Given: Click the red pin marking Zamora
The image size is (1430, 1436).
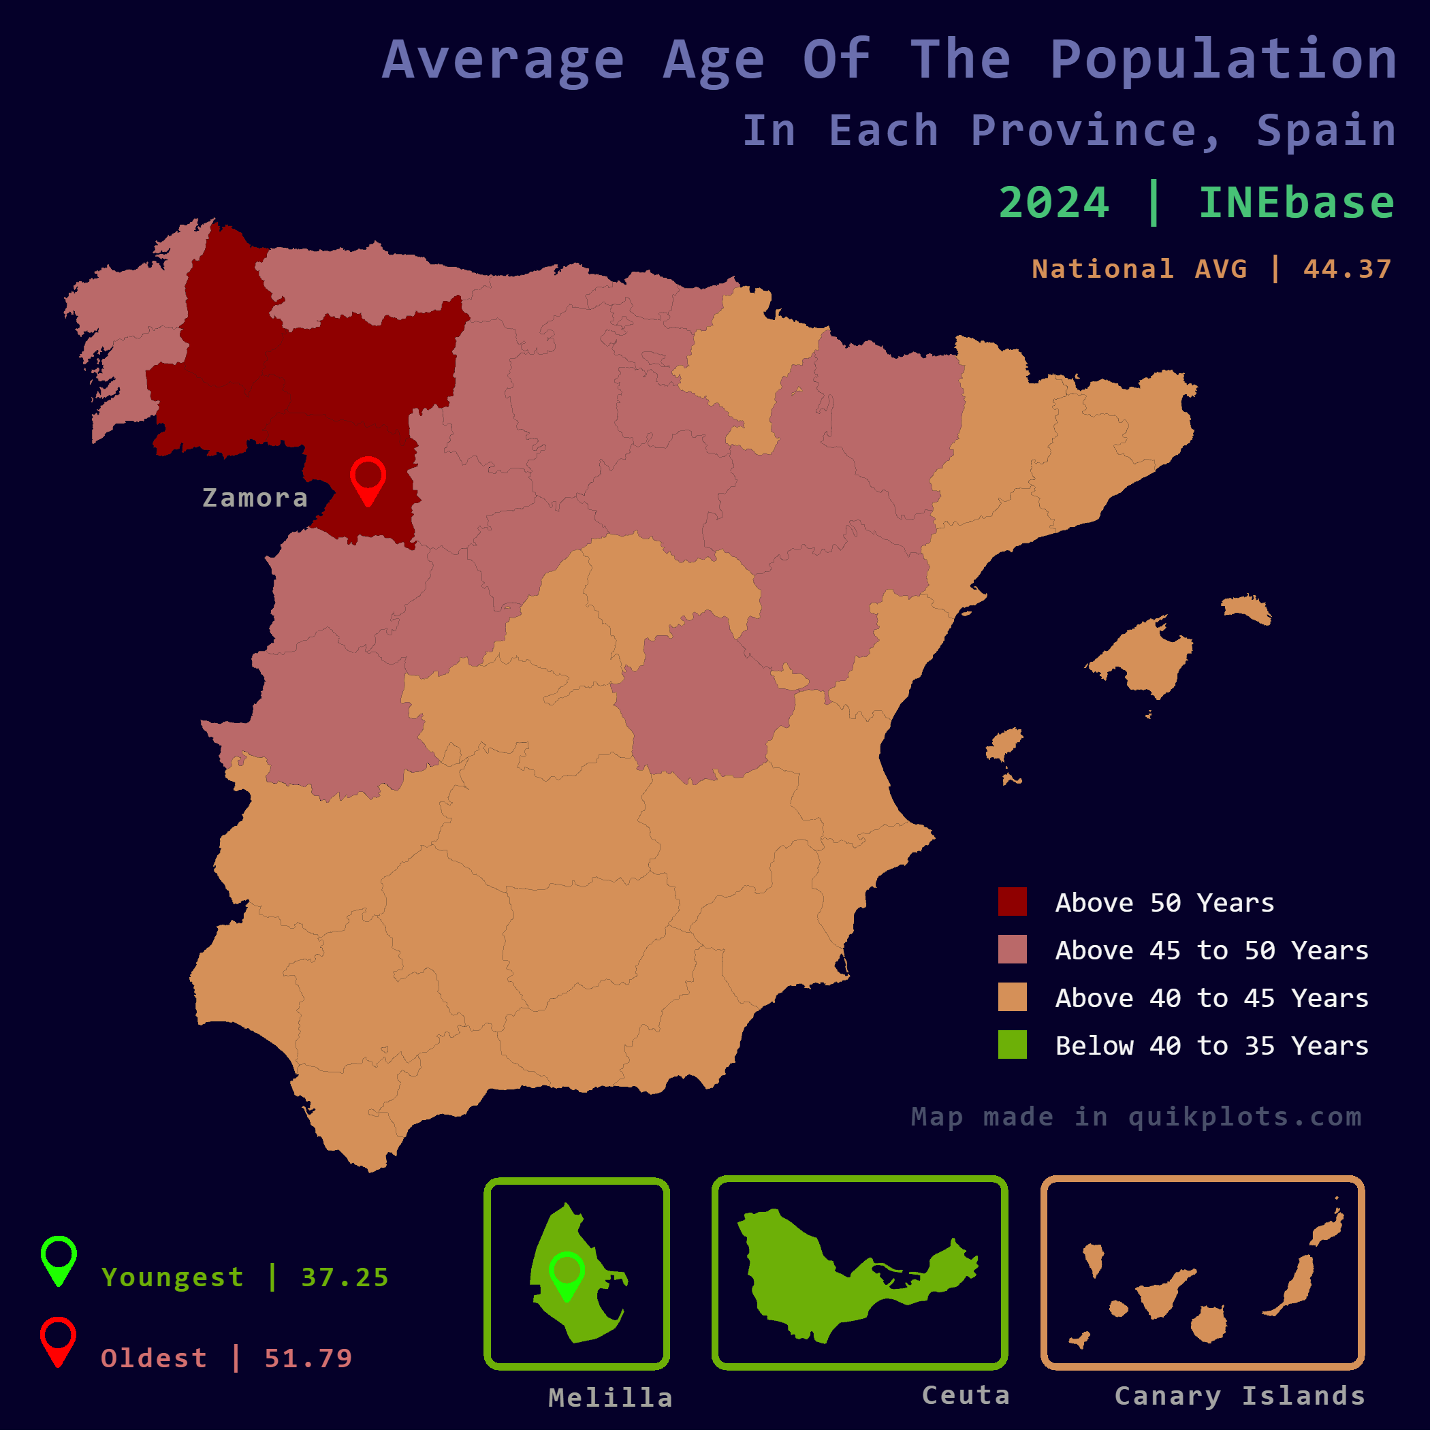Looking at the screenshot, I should pyautogui.click(x=368, y=478).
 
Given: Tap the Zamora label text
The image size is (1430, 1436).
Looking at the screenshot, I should pyautogui.click(x=255, y=498).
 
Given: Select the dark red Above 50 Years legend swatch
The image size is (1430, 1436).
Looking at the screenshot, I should pyautogui.click(x=1013, y=902).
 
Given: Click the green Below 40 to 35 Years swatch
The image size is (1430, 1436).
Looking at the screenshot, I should pyautogui.click(x=1013, y=1044).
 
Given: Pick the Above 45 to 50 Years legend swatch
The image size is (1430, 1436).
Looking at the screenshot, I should pyautogui.click(x=1013, y=949).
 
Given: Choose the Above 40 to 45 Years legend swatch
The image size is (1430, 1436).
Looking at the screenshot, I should pyautogui.click(x=1013, y=997).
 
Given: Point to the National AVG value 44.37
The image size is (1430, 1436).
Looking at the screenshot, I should pyautogui.click(x=1347, y=269).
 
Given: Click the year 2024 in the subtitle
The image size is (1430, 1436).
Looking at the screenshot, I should pyautogui.click(x=1054, y=203).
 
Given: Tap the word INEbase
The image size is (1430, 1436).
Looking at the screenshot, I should pyautogui.click(x=1297, y=203).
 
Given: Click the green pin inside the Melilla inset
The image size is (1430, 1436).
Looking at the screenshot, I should pyautogui.click(x=567, y=1273).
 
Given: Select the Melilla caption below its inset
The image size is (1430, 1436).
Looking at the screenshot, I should pyautogui.click(x=610, y=1398).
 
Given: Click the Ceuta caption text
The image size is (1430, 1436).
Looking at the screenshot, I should pyautogui.click(x=966, y=1395).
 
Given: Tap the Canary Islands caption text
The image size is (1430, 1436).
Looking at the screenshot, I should pyautogui.click(x=1240, y=1396).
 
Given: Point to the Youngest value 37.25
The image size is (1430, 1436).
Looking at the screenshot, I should pyautogui.click(x=345, y=1277).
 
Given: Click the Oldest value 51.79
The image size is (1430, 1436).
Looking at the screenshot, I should pyautogui.click(x=308, y=1358).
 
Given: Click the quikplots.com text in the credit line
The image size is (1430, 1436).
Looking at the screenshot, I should pyautogui.click(x=1245, y=1117).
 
